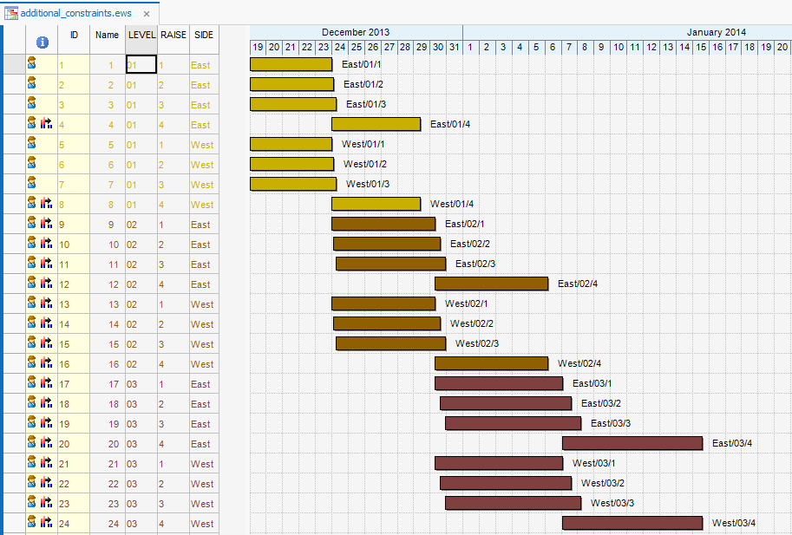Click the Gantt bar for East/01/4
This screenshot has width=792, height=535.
376,124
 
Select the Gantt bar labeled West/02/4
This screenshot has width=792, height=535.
491,363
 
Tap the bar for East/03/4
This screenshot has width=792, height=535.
632,443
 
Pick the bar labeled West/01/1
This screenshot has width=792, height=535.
291,144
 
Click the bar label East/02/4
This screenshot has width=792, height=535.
578,284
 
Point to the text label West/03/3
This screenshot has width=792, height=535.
613,503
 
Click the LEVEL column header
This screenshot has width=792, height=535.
141,35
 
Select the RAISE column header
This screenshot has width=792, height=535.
173,35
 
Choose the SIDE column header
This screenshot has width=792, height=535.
204,35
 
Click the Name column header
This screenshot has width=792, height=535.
107,35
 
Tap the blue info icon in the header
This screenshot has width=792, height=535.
42,42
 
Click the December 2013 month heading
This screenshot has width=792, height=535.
356,32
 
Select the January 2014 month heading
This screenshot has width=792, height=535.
716,32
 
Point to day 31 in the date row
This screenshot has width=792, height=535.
454,47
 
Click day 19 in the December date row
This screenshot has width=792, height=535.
258,47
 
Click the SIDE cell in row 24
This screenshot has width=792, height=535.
202,523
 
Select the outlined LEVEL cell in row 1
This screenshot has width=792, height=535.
141,64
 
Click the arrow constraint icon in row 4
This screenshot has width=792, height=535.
47,124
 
